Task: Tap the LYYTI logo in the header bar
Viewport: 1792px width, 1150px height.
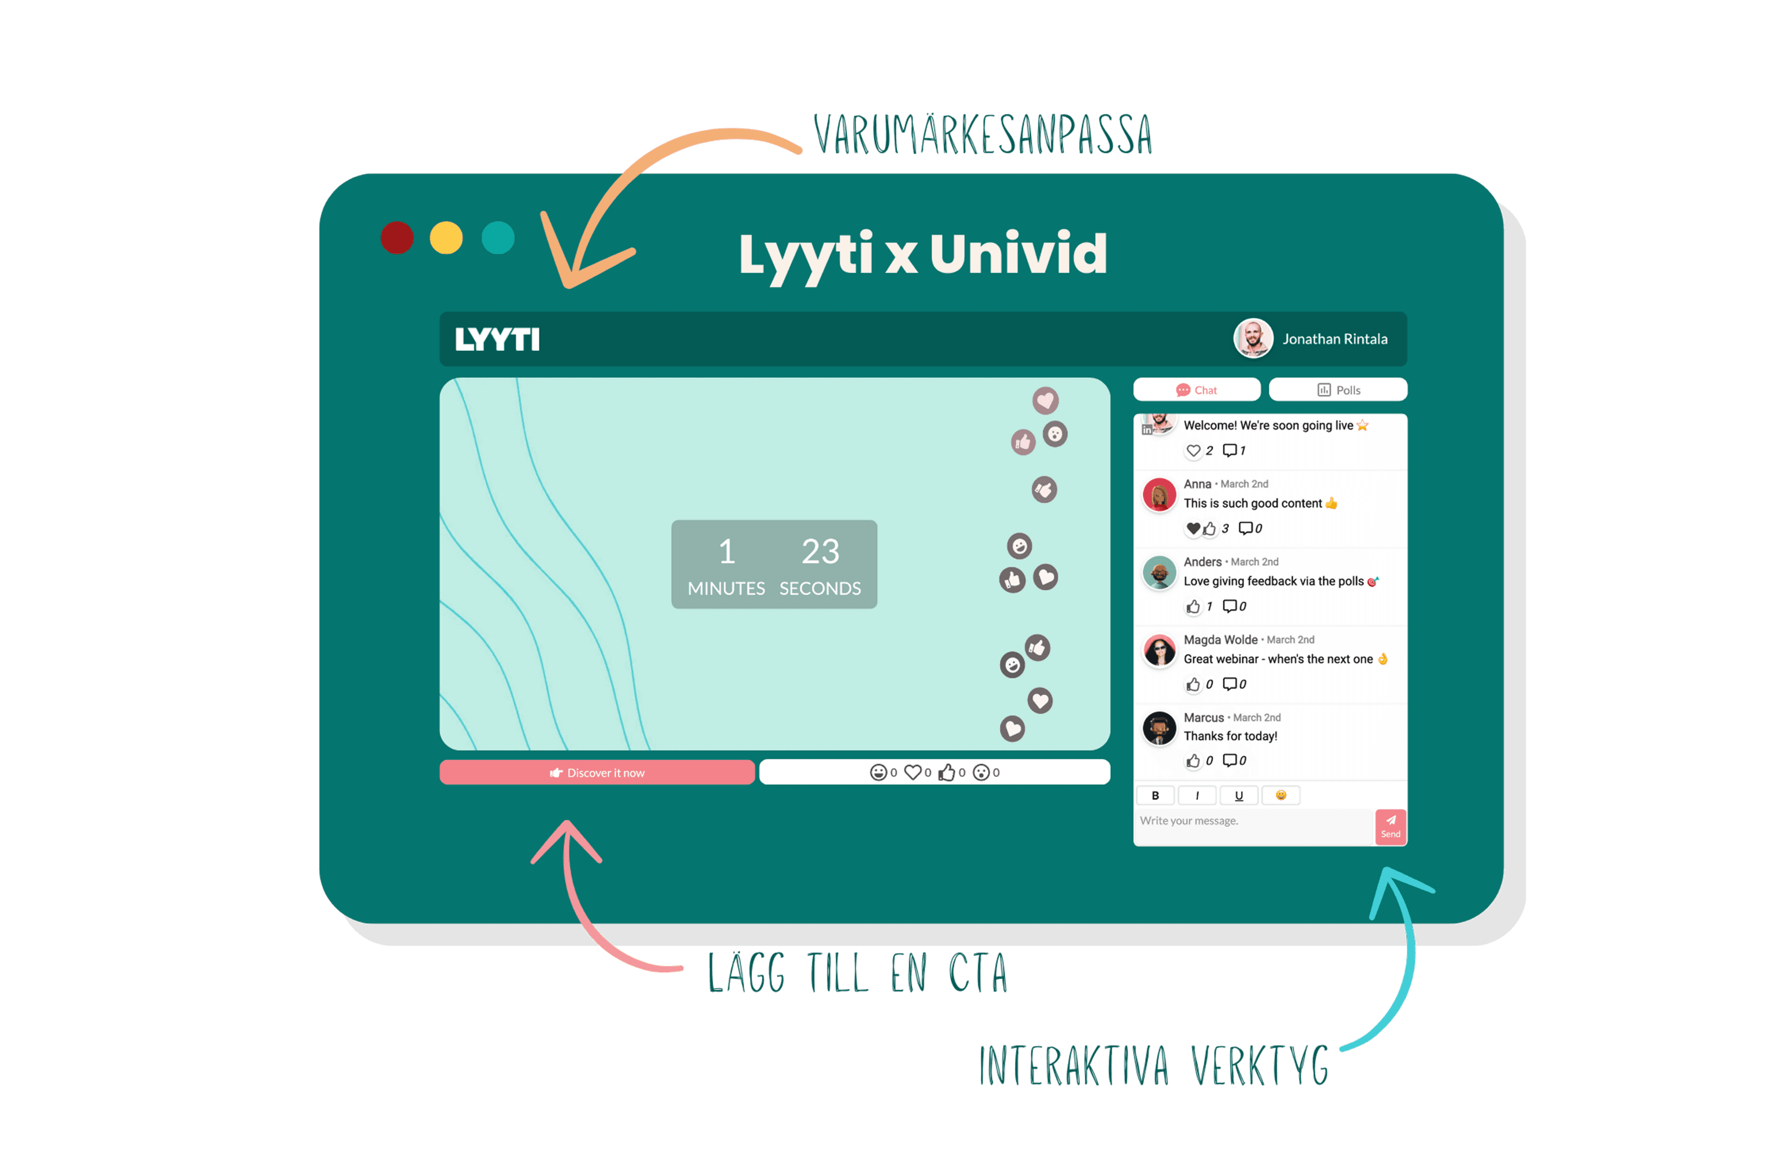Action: coord(497,340)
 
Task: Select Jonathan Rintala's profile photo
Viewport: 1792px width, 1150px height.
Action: coord(1253,338)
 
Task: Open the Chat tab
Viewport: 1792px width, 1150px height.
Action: coord(1197,390)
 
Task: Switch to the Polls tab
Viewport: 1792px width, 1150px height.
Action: coord(1338,390)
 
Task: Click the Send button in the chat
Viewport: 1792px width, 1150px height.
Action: coord(1390,826)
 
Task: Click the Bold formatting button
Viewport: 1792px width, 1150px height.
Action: coord(1155,796)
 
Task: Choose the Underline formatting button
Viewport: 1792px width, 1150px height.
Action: coord(1239,796)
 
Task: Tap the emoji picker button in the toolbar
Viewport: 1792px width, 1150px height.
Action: coord(1280,796)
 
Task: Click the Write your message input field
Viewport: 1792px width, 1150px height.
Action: coord(1253,822)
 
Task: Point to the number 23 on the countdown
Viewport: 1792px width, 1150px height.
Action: coord(820,552)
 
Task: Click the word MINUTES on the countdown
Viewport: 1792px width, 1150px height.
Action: coord(726,588)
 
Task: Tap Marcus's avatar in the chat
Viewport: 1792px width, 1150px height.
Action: coord(1159,728)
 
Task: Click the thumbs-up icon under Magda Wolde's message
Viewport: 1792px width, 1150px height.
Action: coord(1193,684)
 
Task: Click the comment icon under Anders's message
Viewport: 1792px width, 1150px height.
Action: coord(1230,606)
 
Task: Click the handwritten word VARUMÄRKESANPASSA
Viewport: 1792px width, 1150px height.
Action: coord(982,135)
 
